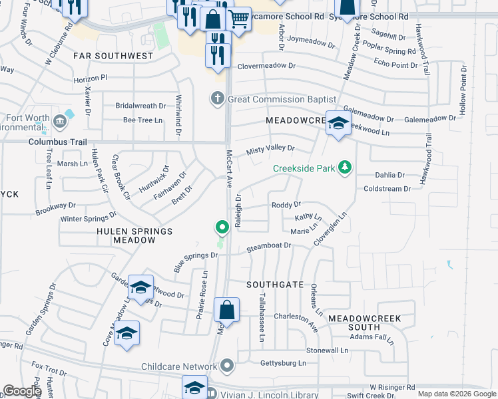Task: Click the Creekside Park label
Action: pos(304,168)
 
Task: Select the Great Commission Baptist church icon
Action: pos(216,99)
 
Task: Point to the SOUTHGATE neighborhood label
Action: pos(275,284)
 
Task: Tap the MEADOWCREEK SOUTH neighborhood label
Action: pos(364,323)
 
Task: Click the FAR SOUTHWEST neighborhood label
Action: pos(103,56)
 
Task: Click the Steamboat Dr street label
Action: pos(269,246)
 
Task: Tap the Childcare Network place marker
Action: pos(227,366)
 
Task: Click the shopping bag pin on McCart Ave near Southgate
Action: pos(226,311)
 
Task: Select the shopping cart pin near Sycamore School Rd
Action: pos(238,20)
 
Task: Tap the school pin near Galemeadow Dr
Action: pos(338,124)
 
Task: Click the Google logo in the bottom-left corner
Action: pos(22,391)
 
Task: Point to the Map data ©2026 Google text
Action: pos(457,394)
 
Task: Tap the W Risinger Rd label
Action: pos(392,386)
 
